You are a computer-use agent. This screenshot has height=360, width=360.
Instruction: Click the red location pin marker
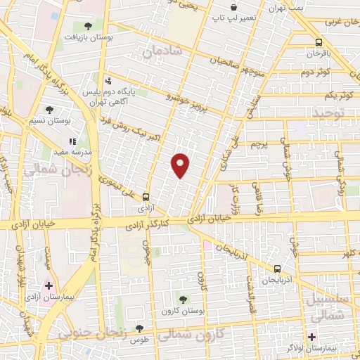181,165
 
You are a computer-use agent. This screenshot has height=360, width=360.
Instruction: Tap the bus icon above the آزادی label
146,197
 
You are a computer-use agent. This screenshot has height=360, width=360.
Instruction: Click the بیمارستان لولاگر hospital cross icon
311,337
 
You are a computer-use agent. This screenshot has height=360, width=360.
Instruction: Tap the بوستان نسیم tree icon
49,109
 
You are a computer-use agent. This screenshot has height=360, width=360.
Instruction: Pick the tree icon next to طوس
139,328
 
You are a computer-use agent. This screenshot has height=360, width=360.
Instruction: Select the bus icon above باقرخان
319,41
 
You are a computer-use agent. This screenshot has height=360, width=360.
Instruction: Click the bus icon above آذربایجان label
276,268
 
